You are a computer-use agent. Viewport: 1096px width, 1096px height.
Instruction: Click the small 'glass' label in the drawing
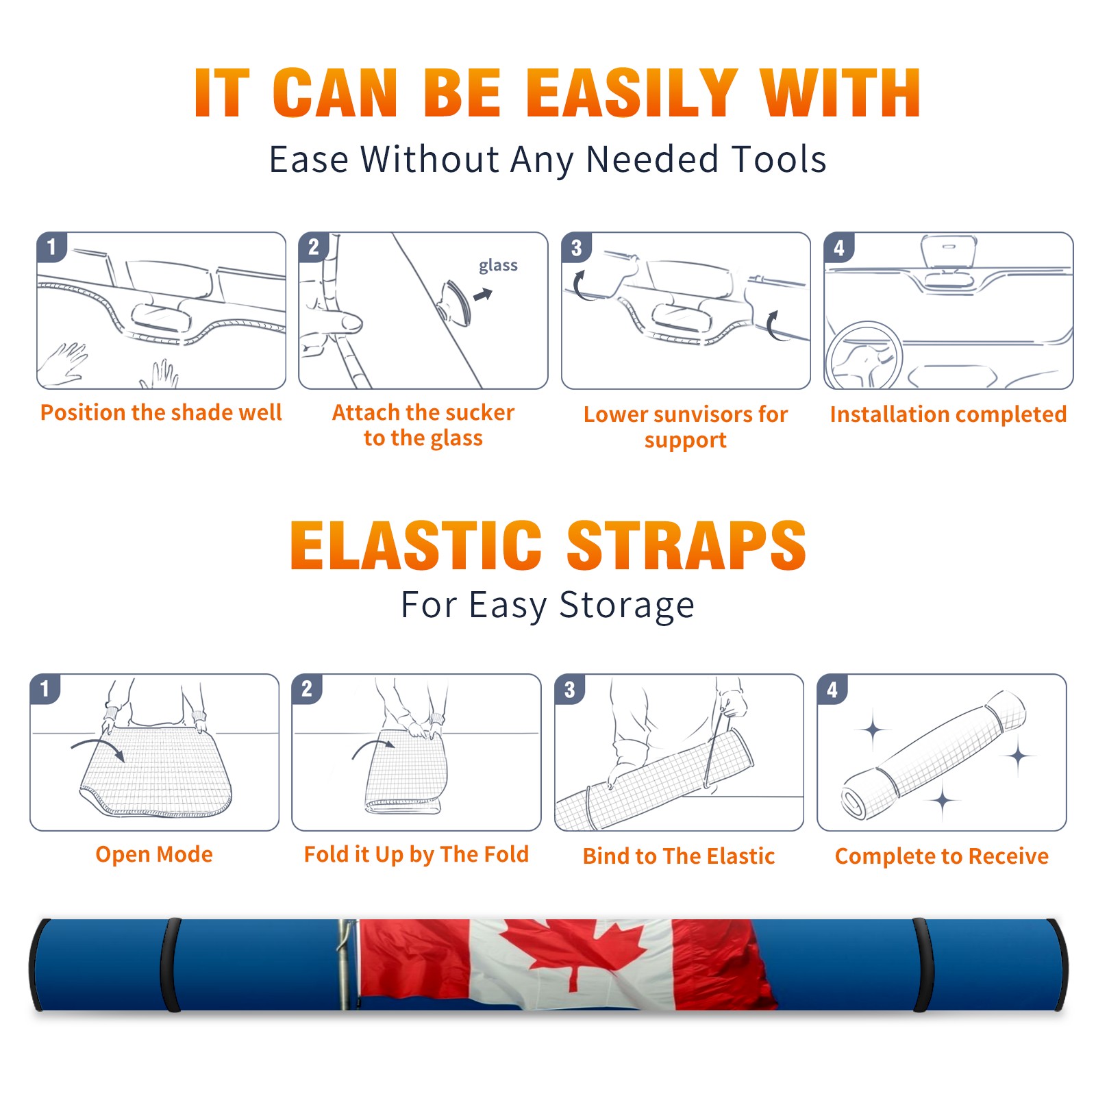point(498,266)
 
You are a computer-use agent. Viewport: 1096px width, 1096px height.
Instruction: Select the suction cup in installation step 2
point(455,302)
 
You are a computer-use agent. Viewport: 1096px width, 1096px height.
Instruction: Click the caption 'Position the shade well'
point(161,412)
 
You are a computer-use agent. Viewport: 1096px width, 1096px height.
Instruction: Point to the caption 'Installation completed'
point(948,414)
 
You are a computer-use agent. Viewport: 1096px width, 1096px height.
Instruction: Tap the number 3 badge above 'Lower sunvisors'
point(576,247)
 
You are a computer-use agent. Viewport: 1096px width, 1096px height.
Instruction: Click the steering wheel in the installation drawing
point(863,356)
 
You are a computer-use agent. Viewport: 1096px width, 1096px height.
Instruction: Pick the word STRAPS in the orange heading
point(686,545)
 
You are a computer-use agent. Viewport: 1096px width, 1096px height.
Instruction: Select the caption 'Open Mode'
point(154,855)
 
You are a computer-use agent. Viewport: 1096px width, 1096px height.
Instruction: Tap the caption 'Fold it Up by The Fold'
point(416,855)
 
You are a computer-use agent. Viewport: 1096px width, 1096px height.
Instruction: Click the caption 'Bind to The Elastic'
point(679,856)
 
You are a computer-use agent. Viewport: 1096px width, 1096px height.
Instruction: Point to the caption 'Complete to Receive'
point(942,856)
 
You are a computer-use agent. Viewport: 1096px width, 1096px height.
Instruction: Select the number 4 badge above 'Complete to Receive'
point(832,689)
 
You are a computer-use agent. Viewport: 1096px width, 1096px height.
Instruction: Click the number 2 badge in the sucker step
point(314,247)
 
